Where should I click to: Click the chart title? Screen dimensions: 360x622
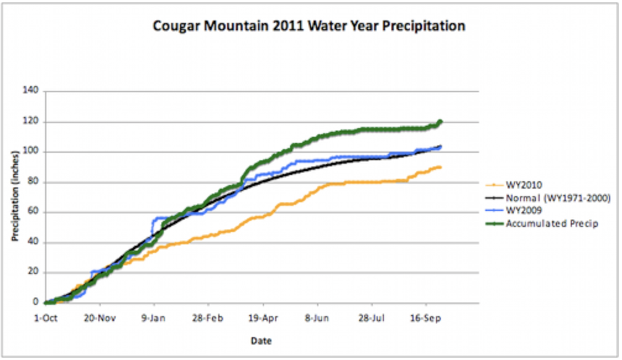pyautogui.click(x=309, y=27)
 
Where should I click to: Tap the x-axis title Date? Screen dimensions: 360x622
pyautogui.click(x=262, y=341)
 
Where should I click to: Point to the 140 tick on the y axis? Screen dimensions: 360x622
pyautogui.click(x=32, y=91)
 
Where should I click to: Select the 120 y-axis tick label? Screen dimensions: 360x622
pyautogui.click(x=32, y=121)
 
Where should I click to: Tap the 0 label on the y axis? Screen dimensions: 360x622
pyautogui.click(x=36, y=302)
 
